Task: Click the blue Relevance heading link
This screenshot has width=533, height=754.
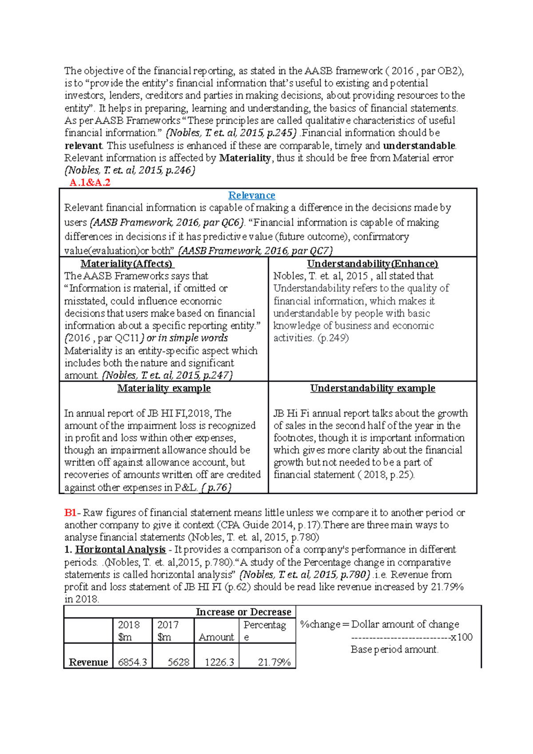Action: pyautogui.click(x=251, y=195)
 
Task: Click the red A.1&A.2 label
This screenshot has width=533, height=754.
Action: pyautogui.click(x=90, y=183)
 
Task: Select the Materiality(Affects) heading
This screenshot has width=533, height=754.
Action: pyautogui.click(x=127, y=264)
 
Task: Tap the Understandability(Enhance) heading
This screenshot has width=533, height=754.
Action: pyautogui.click(x=372, y=264)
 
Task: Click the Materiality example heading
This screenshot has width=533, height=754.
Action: pyautogui.click(x=164, y=388)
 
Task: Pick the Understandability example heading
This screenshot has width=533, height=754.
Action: pyautogui.click(x=372, y=388)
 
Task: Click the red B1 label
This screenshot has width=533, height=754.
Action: pyautogui.click(x=70, y=512)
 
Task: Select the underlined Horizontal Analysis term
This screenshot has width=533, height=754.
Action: pyautogui.click(x=120, y=550)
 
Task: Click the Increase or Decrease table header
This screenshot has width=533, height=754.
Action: pyautogui.click(x=243, y=612)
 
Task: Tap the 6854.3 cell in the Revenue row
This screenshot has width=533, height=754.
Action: pyautogui.click(x=132, y=662)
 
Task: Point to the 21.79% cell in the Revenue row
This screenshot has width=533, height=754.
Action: pyautogui.click(x=274, y=662)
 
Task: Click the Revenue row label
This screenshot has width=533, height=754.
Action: pyautogui.click(x=88, y=662)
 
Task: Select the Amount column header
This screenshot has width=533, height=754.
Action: pyautogui.click(x=216, y=637)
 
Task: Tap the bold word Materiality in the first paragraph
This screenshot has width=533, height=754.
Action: pyautogui.click(x=245, y=158)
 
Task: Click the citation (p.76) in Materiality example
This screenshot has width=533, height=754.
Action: pyautogui.click(x=216, y=488)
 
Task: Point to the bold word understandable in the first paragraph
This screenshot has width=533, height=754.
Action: pyautogui.click(x=419, y=146)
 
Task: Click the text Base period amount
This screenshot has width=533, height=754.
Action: pyautogui.click(x=394, y=650)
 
